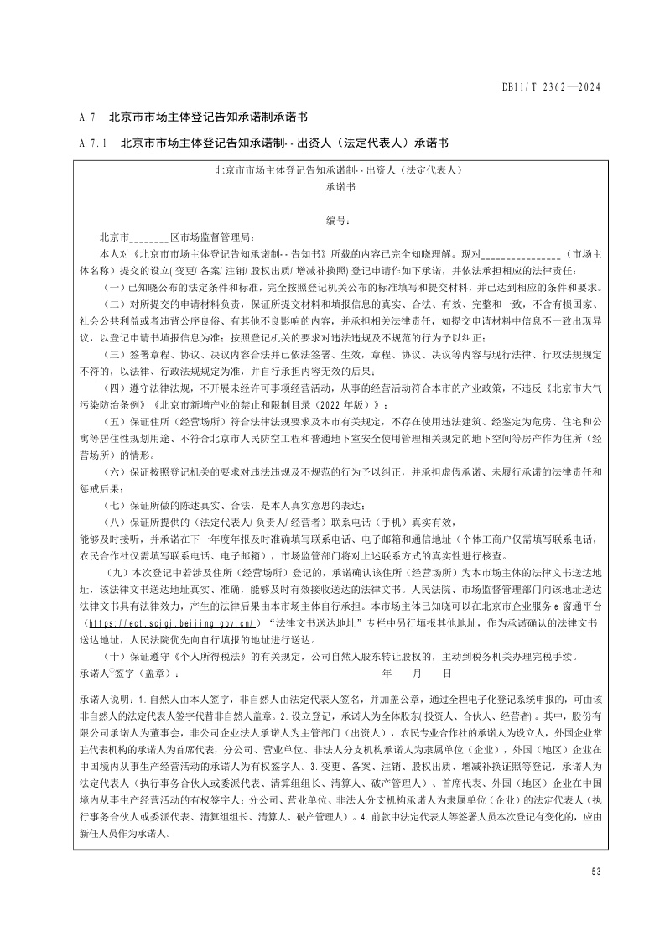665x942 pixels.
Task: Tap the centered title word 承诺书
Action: click(337, 187)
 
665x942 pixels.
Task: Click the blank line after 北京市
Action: click(150, 237)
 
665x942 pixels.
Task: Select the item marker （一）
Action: click(113, 285)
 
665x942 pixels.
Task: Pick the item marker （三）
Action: click(113, 355)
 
